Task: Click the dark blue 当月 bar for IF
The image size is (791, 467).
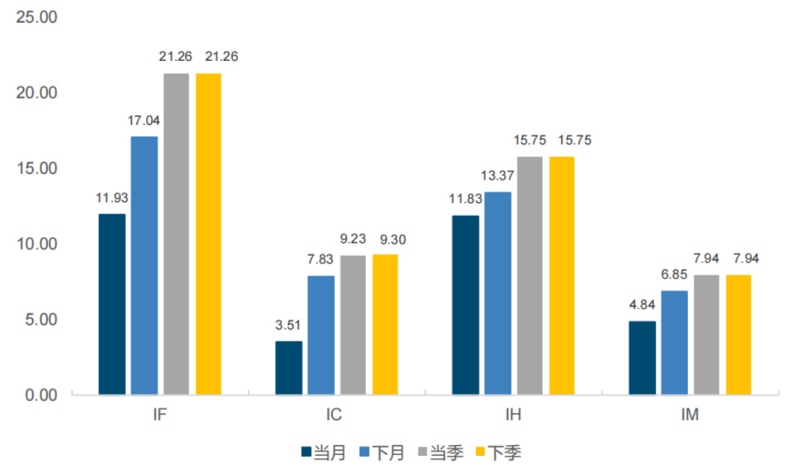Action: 112,304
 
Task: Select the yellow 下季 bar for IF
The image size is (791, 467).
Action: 209,234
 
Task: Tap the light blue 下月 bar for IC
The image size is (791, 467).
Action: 321,335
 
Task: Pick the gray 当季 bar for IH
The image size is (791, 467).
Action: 530,275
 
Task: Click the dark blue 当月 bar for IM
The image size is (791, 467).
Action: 642,357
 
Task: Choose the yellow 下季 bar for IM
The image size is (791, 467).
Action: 738,335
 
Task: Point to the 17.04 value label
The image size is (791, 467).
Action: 144,120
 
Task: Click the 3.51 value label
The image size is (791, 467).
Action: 288,326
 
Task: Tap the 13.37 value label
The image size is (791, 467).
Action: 497,176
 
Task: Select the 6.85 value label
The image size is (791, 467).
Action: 674,275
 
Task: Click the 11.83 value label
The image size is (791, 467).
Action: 465,199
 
